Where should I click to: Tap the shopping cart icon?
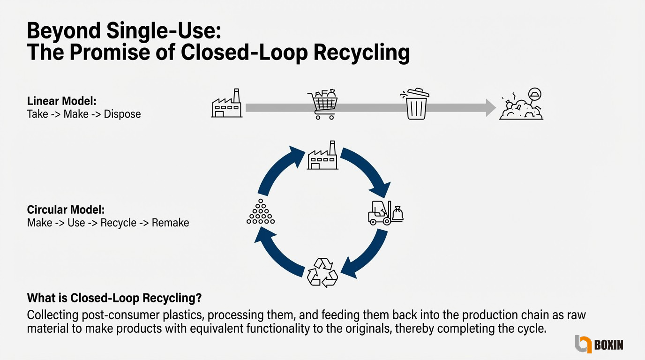tap(322, 105)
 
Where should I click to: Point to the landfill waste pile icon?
tap(521, 105)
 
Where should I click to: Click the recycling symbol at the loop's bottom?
tap(322, 271)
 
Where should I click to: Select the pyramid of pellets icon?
tap(260, 213)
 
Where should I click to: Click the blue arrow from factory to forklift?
tap(370, 171)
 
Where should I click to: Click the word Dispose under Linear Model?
tap(122, 114)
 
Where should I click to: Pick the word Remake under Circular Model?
tap(170, 222)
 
